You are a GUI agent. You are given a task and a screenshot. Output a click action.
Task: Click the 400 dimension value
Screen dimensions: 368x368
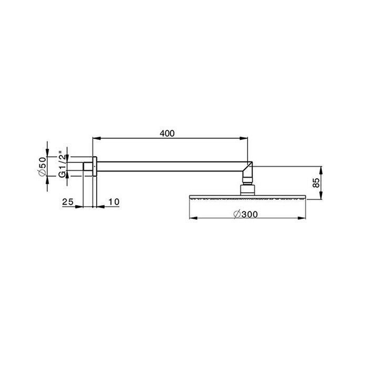click(167, 134)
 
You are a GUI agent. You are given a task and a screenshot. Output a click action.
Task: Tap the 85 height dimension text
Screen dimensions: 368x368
click(316, 183)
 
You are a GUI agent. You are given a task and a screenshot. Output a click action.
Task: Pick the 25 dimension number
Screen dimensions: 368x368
click(67, 202)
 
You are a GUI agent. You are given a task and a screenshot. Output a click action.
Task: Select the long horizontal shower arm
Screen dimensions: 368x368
click(168, 167)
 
